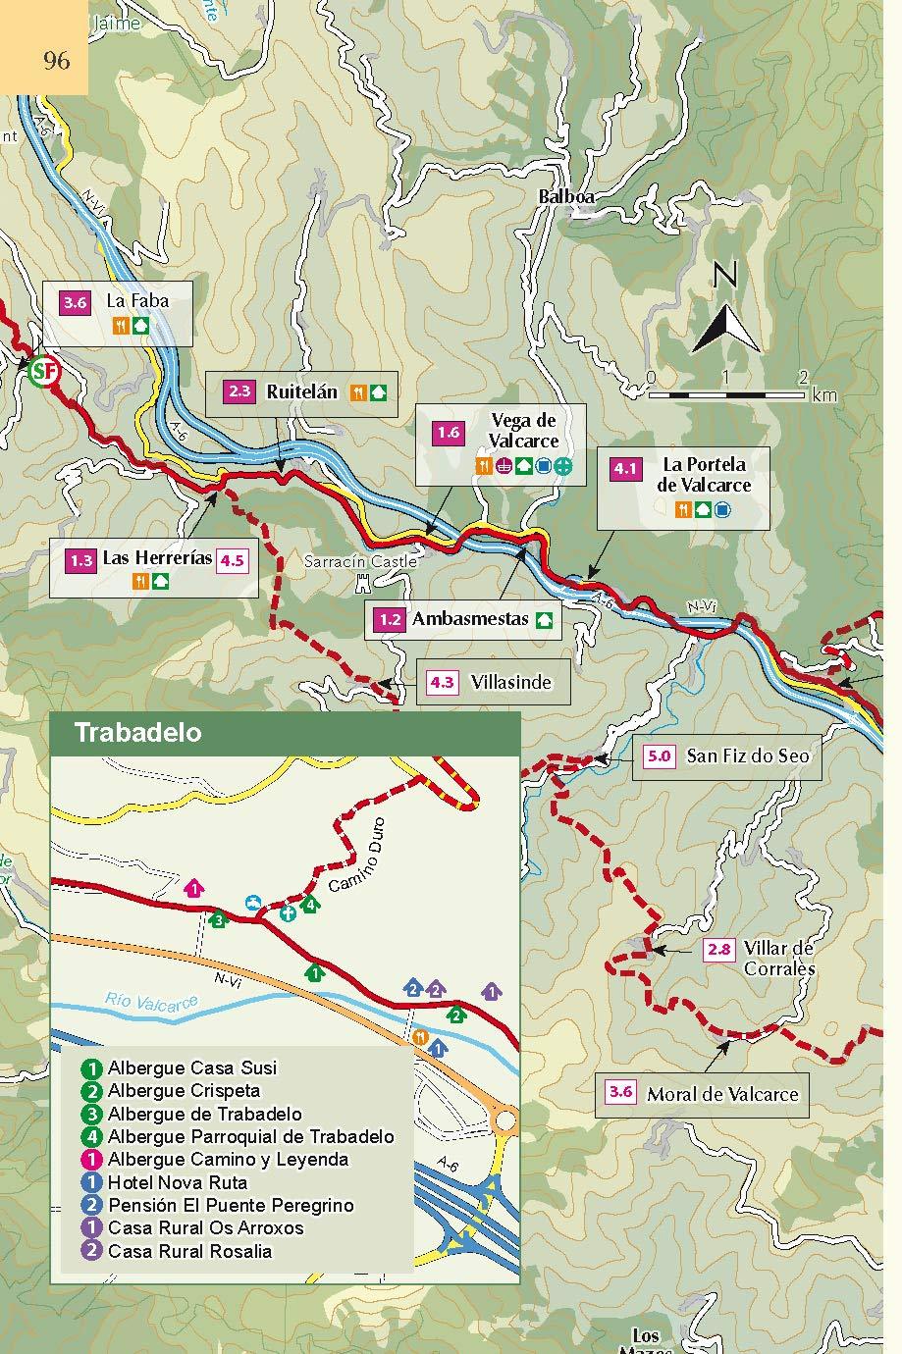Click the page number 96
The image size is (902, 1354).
click(57, 61)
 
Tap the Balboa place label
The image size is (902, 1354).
click(566, 197)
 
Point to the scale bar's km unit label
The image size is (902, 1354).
click(823, 395)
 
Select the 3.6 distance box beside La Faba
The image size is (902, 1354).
click(76, 302)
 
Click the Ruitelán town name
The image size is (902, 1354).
click(301, 391)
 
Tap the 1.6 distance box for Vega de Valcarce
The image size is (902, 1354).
click(448, 433)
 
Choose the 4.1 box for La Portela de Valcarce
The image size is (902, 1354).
click(625, 468)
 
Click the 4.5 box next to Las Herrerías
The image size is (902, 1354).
click(232, 560)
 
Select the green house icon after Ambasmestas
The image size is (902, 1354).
click(544, 620)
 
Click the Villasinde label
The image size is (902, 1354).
click(510, 682)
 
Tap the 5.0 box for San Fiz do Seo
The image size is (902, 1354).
click(659, 755)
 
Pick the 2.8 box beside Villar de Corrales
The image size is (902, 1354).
click(719, 949)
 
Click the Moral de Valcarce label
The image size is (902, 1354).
click(722, 1094)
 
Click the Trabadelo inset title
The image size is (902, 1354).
click(137, 733)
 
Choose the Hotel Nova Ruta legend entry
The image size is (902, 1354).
click(178, 1182)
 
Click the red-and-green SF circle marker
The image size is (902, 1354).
click(43, 372)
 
